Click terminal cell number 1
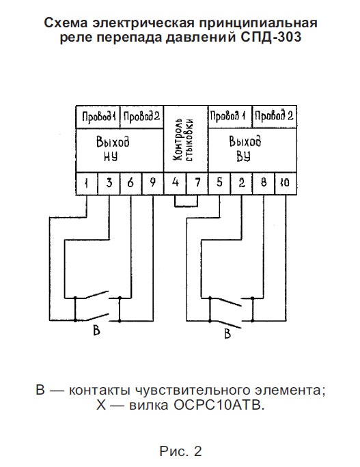coord(87,184)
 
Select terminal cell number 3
coord(109,184)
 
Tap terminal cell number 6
coord(131,184)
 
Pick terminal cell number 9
coord(153,184)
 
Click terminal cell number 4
coord(176,184)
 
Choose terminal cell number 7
coord(197,184)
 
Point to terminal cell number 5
coord(219,184)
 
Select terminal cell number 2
coord(242,184)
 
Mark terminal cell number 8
coord(264,184)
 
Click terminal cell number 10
coord(286,184)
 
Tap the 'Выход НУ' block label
coord(113,149)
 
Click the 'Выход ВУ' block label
coord(245,148)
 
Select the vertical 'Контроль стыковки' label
coord(184,140)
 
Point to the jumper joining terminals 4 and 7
coord(186,206)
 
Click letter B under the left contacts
coord(96,330)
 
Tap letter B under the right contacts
coord(227,334)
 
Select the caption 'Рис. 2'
coord(180,451)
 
